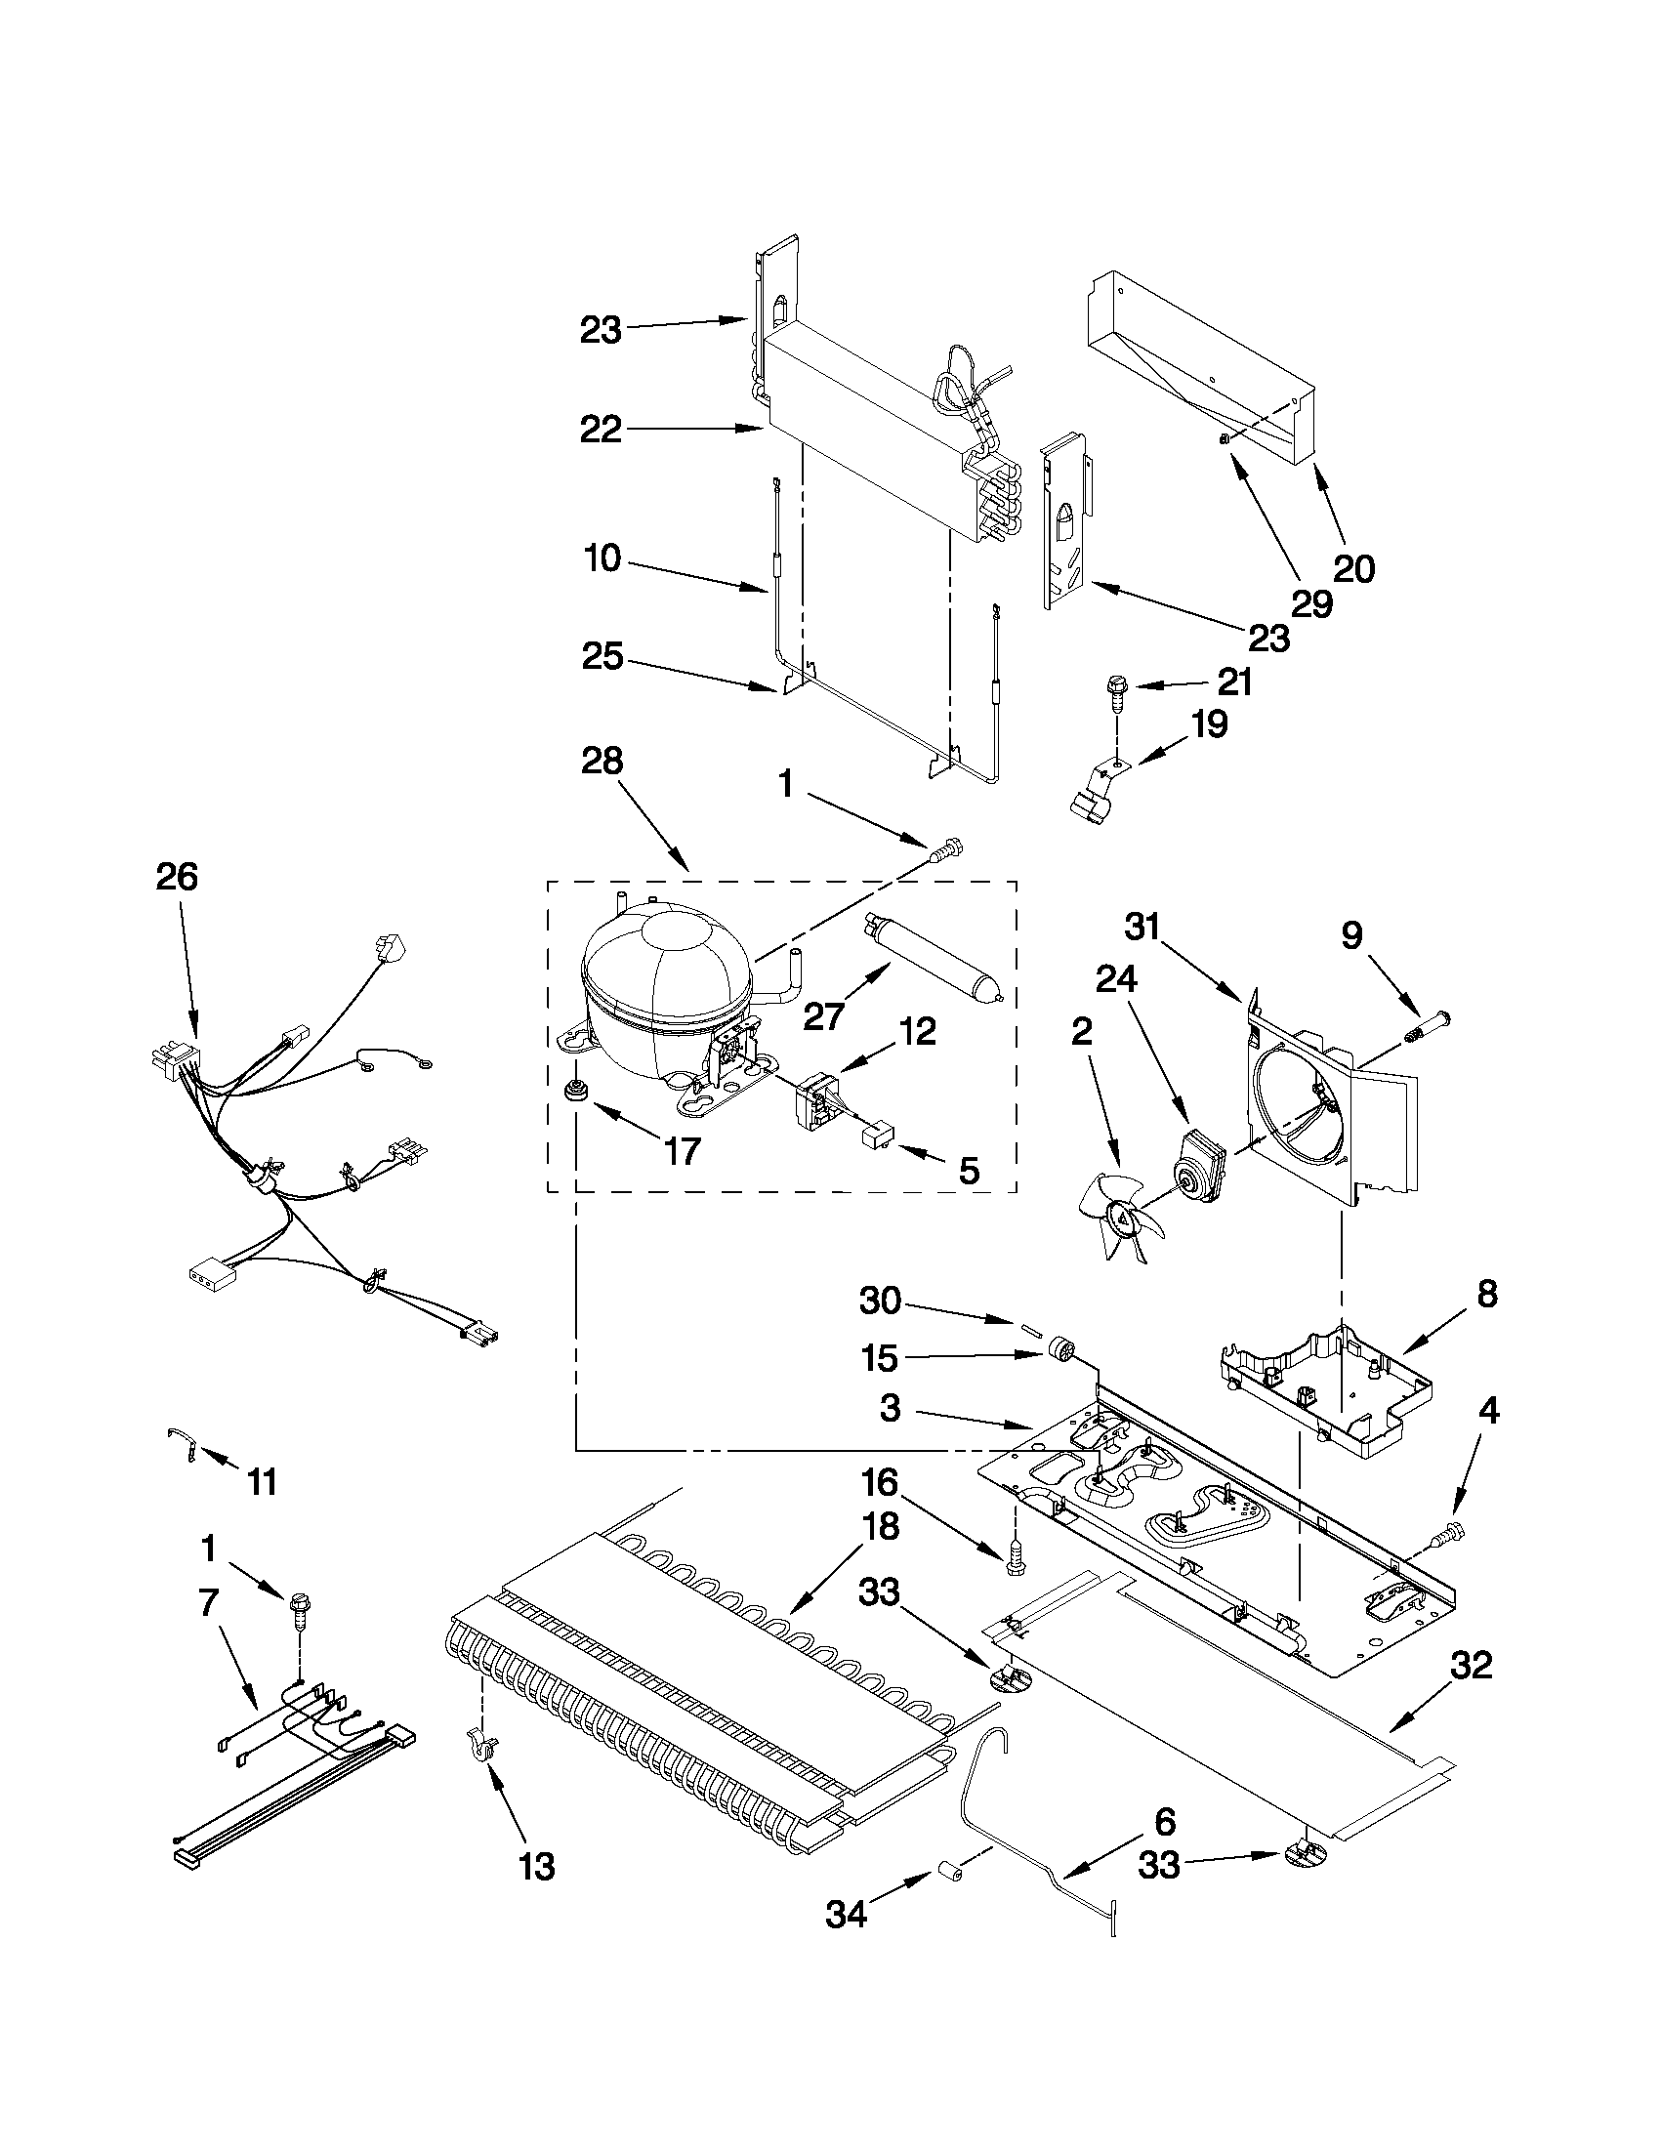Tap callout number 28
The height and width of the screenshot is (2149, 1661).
pos(602,762)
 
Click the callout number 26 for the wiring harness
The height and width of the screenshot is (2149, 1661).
pos(176,877)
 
